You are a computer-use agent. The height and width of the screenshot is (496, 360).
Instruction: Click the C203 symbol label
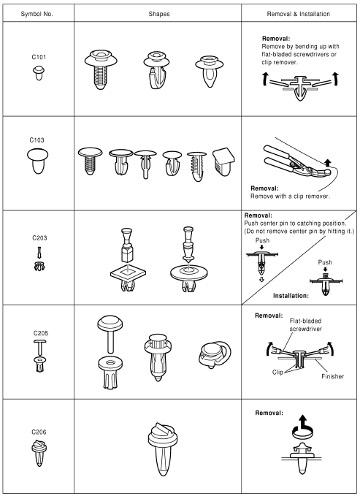37,238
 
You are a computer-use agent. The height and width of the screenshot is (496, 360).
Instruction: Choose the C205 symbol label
37,330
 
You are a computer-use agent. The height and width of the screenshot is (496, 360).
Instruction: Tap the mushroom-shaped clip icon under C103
37,160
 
